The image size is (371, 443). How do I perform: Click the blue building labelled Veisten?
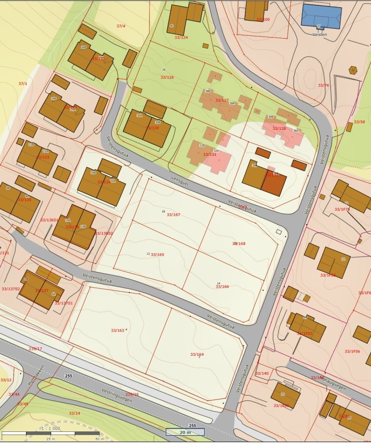click(x=321, y=16)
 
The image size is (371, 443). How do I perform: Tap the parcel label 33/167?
click(x=173, y=215)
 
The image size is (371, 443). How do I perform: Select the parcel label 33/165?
click(x=157, y=255)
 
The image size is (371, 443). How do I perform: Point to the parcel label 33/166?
click(x=222, y=287)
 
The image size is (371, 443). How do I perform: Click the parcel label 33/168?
click(x=239, y=244)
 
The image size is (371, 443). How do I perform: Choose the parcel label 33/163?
click(x=118, y=331)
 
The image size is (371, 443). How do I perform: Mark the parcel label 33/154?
click(x=197, y=354)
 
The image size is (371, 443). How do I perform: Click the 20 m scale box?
click(x=185, y=432)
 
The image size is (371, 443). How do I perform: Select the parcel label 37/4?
click(x=121, y=26)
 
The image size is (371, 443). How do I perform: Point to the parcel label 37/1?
click(x=23, y=83)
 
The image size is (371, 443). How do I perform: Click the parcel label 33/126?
click(x=167, y=77)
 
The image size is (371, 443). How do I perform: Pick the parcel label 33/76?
click(x=323, y=85)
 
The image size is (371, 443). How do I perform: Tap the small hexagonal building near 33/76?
click(x=353, y=70)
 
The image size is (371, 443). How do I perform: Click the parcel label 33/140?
click(x=262, y=373)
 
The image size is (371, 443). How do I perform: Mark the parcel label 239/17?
click(x=35, y=349)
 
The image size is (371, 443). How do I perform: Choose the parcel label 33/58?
click(x=359, y=122)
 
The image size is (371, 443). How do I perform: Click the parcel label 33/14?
click(x=75, y=413)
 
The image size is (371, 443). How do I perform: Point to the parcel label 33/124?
click(x=181, y=37)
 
